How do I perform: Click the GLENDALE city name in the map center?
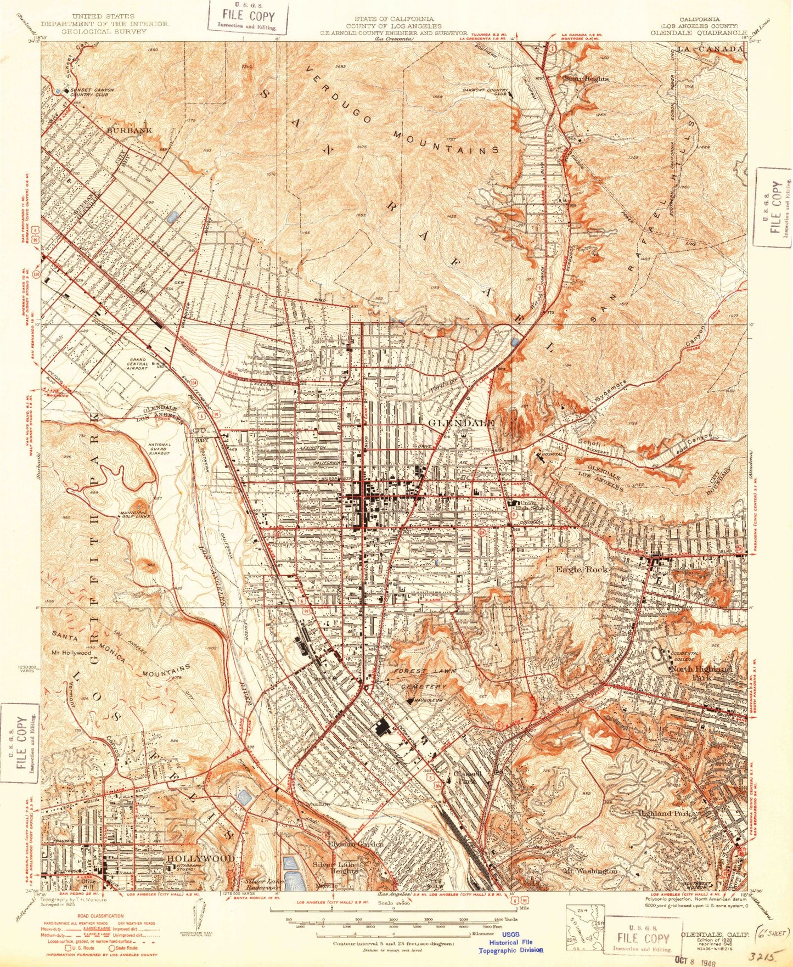461,423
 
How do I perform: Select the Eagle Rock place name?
581,570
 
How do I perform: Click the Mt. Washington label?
590,871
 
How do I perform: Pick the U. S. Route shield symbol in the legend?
69,947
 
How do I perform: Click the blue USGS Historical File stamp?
511,941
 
